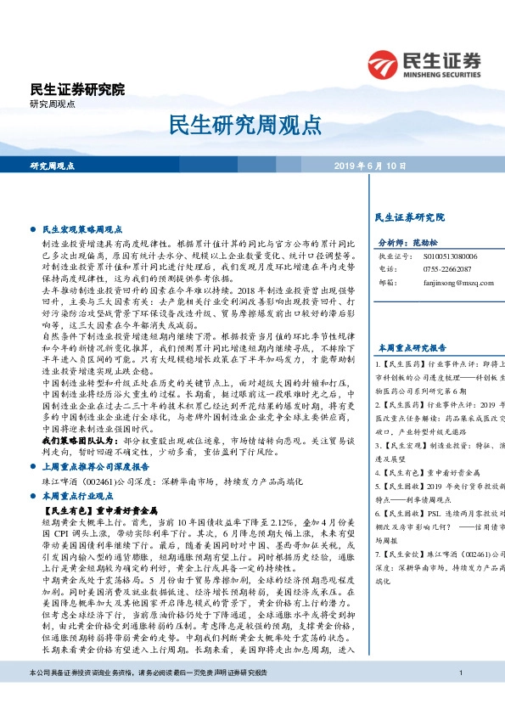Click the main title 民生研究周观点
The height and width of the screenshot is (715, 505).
252,124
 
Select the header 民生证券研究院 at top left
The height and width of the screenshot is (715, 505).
76,89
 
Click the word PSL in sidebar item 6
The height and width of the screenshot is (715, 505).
430,514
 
